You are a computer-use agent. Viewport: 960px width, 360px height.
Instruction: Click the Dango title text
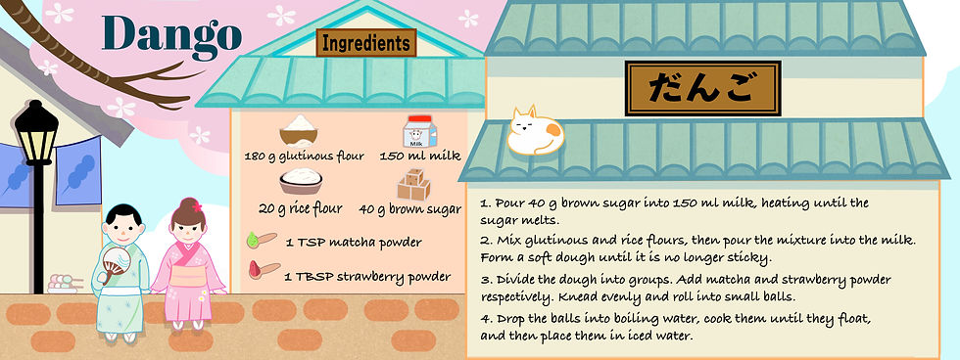point(172,35)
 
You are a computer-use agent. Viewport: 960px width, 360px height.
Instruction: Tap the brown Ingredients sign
point(366,43)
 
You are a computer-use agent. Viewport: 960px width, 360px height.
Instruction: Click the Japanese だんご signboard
point(703,88)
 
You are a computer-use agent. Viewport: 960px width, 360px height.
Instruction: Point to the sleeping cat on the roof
point(535,131)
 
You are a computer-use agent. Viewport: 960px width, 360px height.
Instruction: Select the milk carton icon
point(420,131)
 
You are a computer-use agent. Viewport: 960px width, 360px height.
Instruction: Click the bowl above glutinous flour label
point(299,131)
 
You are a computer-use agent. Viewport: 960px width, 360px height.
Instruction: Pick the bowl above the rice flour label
point(301,181)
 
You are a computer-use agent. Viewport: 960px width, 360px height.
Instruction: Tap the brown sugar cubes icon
point(413,184)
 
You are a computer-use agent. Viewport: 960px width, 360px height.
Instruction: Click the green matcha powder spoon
point(262,241)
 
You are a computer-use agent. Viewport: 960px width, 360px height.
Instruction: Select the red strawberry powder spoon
point(264,270)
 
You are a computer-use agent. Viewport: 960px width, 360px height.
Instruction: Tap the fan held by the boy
point(115,263)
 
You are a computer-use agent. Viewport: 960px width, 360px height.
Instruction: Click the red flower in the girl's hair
point(197,207)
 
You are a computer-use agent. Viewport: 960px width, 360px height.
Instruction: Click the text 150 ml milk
point(420,157)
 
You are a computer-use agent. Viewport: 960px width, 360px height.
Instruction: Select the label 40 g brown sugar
point(410,209)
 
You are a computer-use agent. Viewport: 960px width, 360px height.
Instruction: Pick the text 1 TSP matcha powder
point(354,243)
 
